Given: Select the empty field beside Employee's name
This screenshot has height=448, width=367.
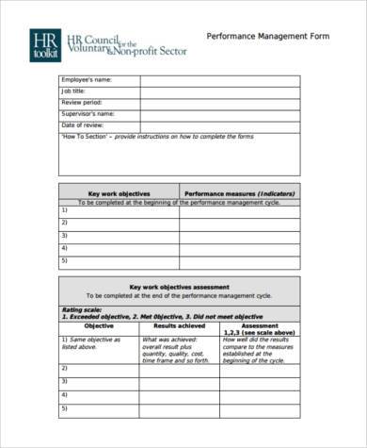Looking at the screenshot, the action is coord(219,80).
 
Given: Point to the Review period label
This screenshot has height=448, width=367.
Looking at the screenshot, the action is coord(82,103).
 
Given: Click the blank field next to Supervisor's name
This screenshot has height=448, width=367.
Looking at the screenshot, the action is coord(219,113).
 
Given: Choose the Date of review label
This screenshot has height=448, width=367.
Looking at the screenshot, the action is coord(83,124).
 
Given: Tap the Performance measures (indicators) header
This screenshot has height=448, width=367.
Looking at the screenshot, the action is coord(240,192).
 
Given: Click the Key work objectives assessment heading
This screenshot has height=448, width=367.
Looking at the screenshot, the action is coord(179,285).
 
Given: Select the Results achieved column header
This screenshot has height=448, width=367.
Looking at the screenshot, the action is coord(167,324).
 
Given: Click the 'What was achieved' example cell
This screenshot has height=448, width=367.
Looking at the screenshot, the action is coord(167,347).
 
